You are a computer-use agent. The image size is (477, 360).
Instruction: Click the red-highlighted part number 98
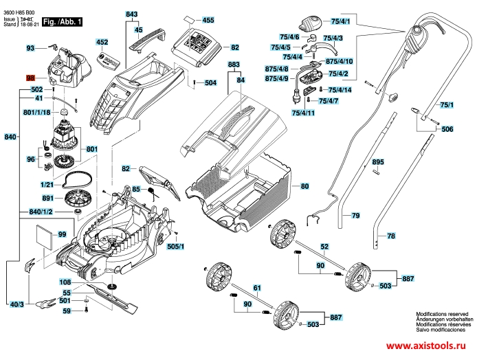pos(30,78)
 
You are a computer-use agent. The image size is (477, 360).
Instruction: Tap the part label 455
pos(208,21)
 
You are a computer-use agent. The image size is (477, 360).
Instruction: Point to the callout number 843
pos(132,14)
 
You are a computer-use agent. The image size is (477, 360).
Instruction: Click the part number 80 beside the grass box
pos(304,187)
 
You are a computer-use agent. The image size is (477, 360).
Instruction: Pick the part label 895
pos(377,161)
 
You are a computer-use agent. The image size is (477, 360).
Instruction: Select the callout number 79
pos(355,216)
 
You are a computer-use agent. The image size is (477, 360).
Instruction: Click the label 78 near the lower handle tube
pos(390,236)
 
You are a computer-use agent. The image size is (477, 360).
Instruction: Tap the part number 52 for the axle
pos(324,246)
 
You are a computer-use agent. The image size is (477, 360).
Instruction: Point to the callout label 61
pos(256,287)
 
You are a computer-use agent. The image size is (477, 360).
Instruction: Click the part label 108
pos(65,282)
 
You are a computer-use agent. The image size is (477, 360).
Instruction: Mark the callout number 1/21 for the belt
pos(47,185)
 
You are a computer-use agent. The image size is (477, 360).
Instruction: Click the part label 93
pos(30,48)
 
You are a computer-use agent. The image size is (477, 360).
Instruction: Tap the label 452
pos(102,43)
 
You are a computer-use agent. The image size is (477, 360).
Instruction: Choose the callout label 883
pos(234,65)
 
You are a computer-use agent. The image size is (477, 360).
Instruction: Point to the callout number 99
pos(62,235)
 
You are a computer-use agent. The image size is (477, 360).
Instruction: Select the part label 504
pos(210,82)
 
